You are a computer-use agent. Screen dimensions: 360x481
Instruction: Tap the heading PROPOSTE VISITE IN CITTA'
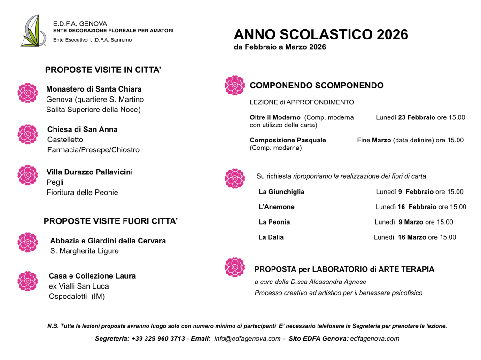(103, 70)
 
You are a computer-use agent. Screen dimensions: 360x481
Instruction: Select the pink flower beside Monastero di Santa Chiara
(28, 93)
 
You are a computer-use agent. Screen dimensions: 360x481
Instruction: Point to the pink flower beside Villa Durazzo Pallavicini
(28, 175)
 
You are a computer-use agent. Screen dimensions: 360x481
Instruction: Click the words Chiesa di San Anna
(83, 129)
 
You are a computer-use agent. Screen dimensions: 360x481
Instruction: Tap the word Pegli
(55, 182)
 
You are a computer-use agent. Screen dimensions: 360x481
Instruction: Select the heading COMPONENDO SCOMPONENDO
(317, 86)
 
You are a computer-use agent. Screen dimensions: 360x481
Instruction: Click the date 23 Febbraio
(417, 117)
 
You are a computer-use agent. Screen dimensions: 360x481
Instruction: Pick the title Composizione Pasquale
(287, 140)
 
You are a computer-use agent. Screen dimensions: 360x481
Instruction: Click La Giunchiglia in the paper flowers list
(281, 192)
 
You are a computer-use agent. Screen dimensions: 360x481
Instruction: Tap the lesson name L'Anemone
(277, 207)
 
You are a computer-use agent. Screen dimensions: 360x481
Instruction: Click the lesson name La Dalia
(271, 237)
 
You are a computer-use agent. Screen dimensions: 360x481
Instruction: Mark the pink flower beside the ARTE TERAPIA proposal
(235, 267)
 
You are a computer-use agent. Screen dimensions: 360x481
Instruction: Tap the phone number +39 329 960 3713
(158, 339)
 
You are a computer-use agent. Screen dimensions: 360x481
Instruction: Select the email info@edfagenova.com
(247, 339)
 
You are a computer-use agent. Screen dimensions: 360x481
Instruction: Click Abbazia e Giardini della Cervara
(108, 241)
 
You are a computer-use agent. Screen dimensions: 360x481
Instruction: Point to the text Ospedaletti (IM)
(77, 297)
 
